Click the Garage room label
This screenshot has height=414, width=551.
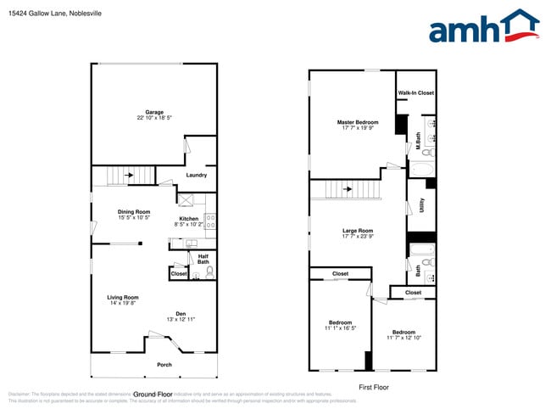click(x=153, y=112)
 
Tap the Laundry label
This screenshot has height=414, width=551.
click(x=197, y=175)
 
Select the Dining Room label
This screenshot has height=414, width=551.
click(x=134, y=211)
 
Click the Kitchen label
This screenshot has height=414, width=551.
click(x=188, y=219)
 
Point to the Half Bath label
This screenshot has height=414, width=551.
click(x=203, y=259)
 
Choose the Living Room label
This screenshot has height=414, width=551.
click(x=122, y=297)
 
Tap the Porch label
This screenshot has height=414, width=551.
click(x=164, y=365)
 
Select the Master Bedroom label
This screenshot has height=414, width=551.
click(x=357, y=122)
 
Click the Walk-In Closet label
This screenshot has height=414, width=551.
click(x=416, y=92)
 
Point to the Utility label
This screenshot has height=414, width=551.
click(x=421, y=205)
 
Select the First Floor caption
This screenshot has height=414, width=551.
click(x=373, y=386)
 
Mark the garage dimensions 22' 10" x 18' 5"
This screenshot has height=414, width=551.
click(x=153, y=118)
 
